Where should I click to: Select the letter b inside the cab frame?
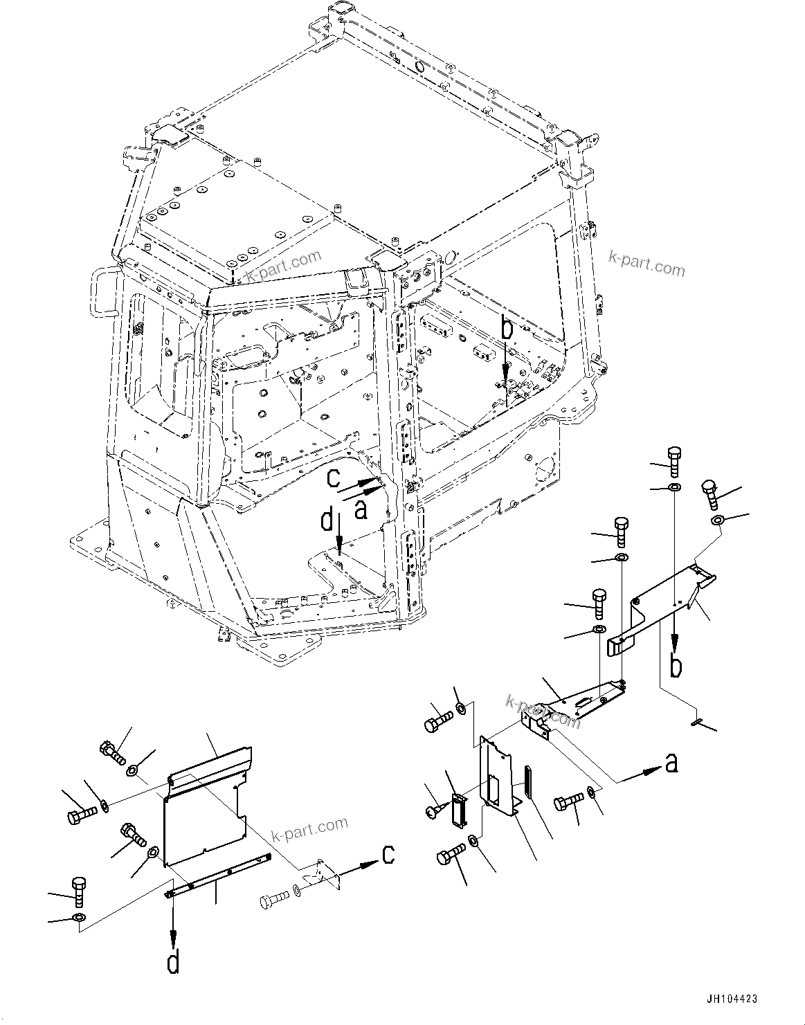click(507, 330)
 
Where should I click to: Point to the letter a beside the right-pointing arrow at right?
click(671, 763)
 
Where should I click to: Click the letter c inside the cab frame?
click(334, 477)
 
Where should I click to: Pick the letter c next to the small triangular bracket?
click(389, 855)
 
